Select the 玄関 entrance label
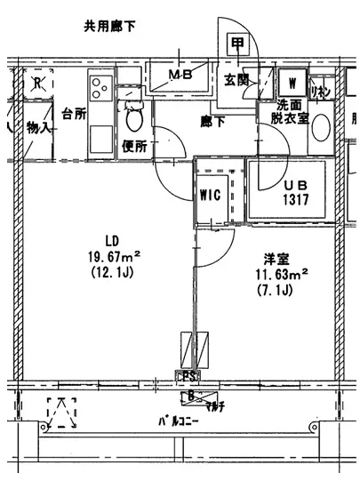click(x=236, y=82)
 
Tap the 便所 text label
click(x=133, y=145)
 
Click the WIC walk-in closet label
click(x=212, y=193)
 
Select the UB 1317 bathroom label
click(x=294, y=192)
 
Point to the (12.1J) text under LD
click(x=112, y=274)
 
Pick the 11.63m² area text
click(x=282, y=274)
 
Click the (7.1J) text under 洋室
click(x=276, y=290)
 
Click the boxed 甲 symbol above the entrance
click(x=237, y=44)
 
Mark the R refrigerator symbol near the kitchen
click(x=38, y=84)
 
